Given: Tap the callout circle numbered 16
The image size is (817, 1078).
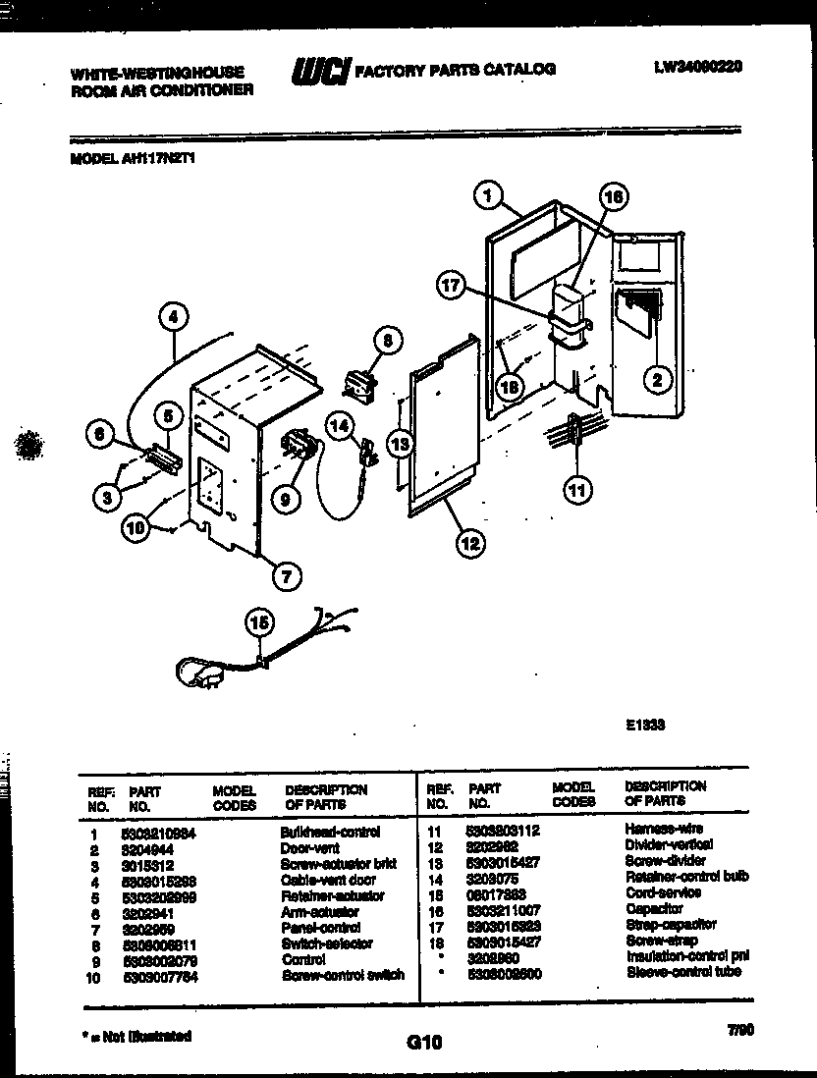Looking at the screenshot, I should point(612,195).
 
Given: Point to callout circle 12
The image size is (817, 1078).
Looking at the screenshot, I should point(471,540).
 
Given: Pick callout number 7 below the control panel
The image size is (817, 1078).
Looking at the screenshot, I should point(286,577).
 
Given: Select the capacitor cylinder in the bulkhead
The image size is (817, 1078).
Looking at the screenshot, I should point(568,298).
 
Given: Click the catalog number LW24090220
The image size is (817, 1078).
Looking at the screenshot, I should point(697,67).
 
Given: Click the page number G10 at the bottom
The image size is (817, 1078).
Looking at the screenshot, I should point(424,1042).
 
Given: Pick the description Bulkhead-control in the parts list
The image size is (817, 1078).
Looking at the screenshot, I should point(330,832).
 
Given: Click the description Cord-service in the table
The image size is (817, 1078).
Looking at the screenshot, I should point(663,892).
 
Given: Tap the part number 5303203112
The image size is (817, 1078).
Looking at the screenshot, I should point(503,830).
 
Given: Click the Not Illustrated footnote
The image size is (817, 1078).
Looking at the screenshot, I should point(136,1037).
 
